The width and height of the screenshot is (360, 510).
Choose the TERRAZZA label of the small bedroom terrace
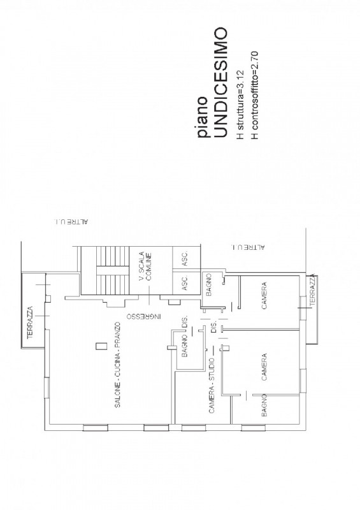pos(312,293)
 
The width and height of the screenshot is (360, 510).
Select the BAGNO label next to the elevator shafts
pos(208,284)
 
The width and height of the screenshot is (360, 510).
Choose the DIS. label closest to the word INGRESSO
pos(185,323)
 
